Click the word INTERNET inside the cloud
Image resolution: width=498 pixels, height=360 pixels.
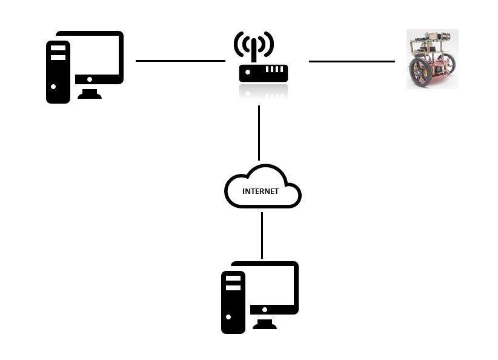click(x=261, y=192)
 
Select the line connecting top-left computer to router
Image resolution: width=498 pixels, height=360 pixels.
click(x=181, y=61)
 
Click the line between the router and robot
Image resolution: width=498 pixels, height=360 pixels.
click(x=352, y=61)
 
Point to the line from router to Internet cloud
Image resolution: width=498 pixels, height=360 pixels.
click(x=259, y=133)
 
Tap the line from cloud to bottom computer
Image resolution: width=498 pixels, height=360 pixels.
click(x=262, y=235)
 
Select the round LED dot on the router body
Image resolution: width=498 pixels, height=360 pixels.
click(x=248, y=72)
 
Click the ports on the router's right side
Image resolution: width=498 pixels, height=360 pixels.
click(x=274, y=69)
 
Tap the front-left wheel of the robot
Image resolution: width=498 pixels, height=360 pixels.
click(x=420, y=73)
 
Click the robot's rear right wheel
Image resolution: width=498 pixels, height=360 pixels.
click(x=448, y=64)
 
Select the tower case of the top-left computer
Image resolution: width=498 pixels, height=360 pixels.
click(x=58, y=72)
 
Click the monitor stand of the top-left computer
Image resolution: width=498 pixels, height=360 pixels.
click(x=90, y=94)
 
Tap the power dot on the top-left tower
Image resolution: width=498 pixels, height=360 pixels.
click(x=53, y=87)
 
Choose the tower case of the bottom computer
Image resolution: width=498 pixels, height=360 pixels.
click(x=233, y=302)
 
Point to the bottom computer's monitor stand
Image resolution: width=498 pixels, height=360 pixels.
click(x=265, y=324)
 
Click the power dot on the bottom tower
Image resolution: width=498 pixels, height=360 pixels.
click(x=228, y=317)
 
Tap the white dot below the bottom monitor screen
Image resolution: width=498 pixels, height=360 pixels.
click(x=265, y=310)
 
